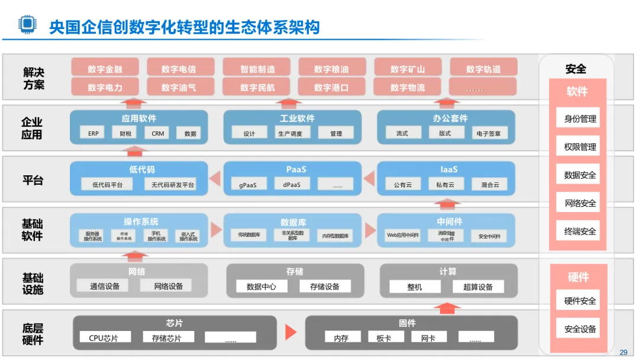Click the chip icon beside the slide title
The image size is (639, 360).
point(27,24)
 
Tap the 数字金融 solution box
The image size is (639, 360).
point(105,69)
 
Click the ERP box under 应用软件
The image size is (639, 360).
point(93,133)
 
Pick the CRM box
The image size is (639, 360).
point(158,133)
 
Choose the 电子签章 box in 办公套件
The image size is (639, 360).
point(488,133)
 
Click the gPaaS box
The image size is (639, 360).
point(248,185)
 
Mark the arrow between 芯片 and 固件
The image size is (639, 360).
point(291,332)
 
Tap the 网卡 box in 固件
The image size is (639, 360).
point(428,338)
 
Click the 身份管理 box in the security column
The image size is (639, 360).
point(580,118)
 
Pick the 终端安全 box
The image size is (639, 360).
point(580,232)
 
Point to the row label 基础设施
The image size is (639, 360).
point(33,283)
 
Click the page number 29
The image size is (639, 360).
point(623,352)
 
